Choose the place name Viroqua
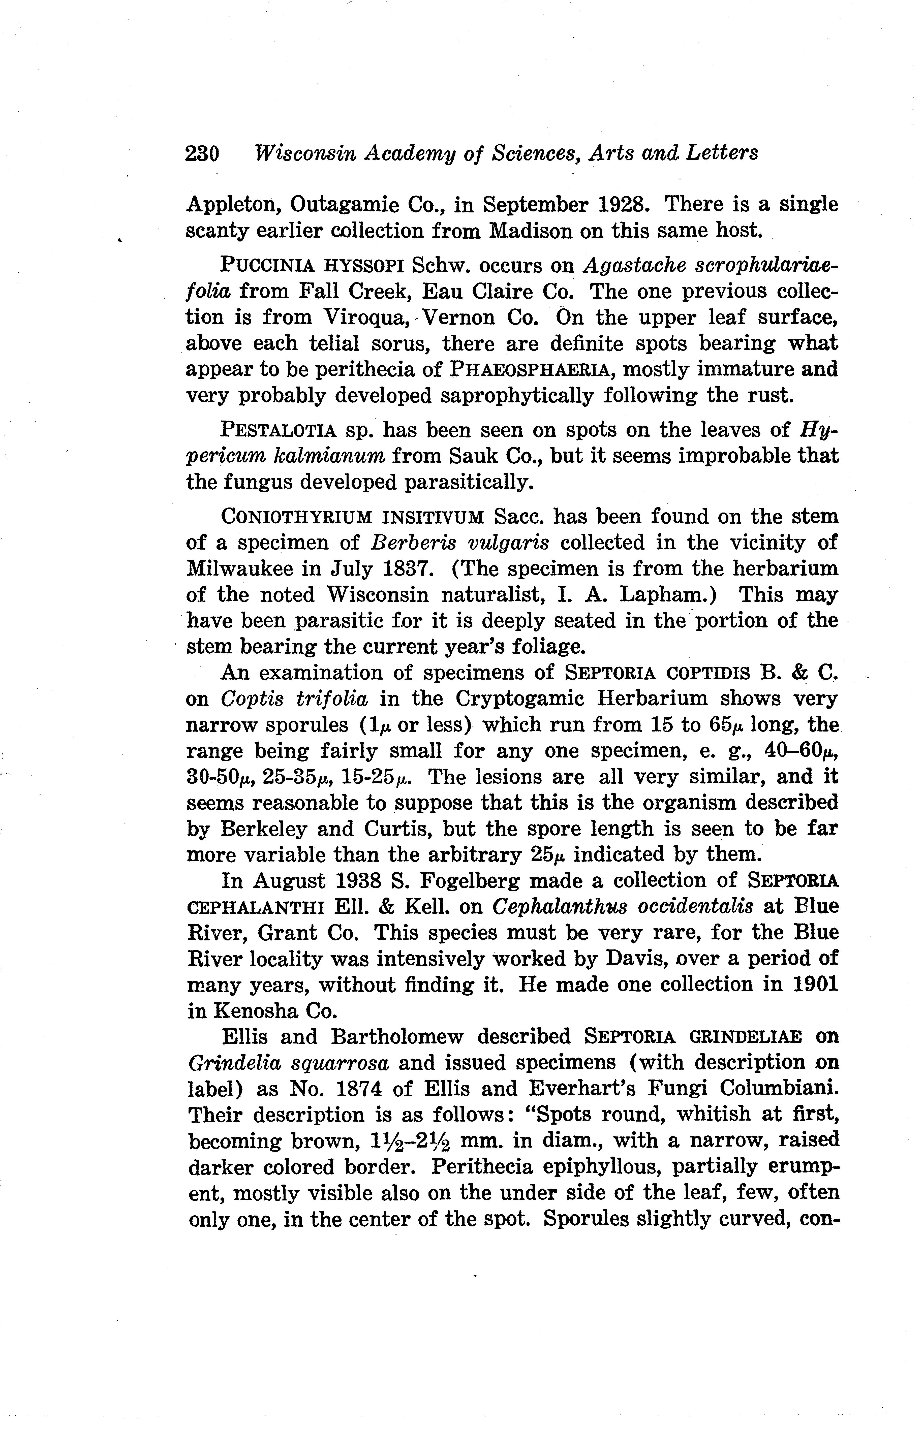(367, 317)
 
